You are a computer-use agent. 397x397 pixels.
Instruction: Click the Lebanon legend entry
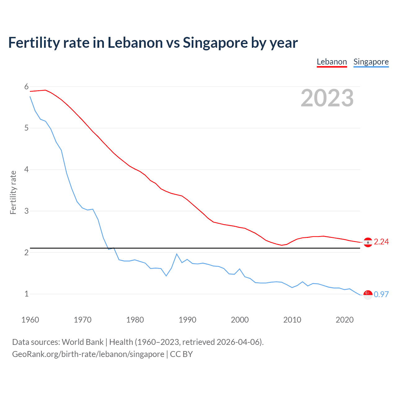tap(332, 62)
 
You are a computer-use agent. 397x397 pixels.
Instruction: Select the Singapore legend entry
tap(371, 62)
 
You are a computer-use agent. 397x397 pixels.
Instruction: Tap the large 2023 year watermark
tap(327, 98)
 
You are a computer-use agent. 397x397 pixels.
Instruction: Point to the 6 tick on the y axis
tap(26, 87)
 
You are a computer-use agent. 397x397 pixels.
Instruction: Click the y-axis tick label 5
tap(26, 128)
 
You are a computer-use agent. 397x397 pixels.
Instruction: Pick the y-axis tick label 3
tap(26, 211)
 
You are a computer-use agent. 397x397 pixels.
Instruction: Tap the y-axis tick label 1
tap(26, 294)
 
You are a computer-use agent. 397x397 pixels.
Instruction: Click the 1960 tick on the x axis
tap(30, 320)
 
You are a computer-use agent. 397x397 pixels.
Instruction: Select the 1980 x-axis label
tap(135, 320)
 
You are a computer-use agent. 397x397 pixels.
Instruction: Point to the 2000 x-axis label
tap(240, 320)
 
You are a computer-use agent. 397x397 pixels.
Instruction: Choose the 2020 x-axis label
tap(345, 320)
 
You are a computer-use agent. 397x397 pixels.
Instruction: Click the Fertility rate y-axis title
tap(13, 192)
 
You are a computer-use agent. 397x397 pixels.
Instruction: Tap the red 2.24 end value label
tap(381, 242)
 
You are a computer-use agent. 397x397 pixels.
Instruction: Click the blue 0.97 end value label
tap(381, 294)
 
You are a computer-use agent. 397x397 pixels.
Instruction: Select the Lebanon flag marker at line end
tap(368, 242)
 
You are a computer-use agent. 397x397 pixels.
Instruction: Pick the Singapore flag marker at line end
tap(368, 295)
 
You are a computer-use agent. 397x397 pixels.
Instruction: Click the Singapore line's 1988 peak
tap(177, 254)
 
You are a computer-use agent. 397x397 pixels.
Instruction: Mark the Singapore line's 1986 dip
tap(166, 276)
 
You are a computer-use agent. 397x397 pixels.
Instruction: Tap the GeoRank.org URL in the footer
tap(88, 354)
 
